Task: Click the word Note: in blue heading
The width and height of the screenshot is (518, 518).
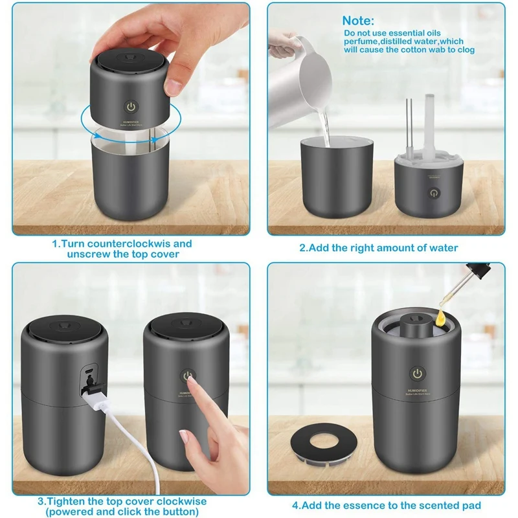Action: click(x=358, y=21)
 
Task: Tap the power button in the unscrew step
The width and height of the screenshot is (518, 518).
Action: click(x=131, y=106)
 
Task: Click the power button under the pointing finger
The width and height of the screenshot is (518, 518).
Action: click(x=187, y=376)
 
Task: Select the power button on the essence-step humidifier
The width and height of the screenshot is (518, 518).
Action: click(x=418, y=374)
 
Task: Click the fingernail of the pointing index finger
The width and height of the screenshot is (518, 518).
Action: click(x=185, y=438)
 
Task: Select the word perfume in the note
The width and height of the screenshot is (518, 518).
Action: click(x=361, y=41)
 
